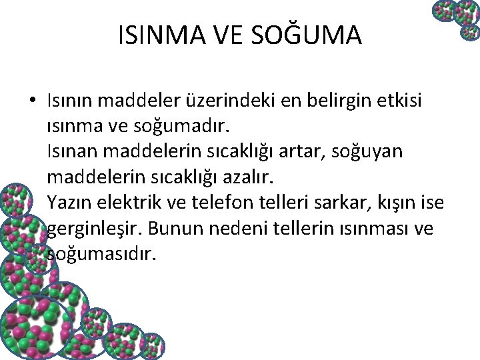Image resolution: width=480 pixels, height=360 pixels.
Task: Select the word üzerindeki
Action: (234, 101)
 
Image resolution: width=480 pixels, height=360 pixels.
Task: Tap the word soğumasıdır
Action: (101, 253)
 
